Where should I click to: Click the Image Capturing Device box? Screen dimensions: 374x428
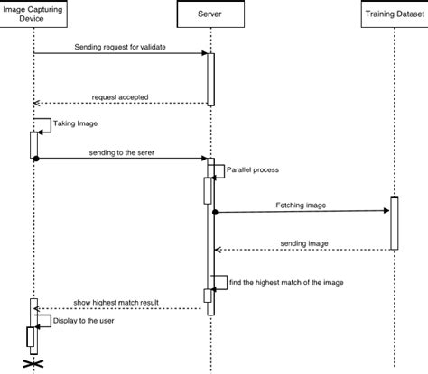pos(33,15)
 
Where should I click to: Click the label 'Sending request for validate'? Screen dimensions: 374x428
pos(120,45)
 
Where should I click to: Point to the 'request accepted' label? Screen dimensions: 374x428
pos(119,96)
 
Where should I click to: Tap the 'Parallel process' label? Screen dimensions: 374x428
pos(252,169)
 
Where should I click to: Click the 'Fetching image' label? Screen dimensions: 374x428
pos(302,205)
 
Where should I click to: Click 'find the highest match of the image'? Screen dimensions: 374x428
pos(285,282)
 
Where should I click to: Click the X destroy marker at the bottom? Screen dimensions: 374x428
pos(33,363)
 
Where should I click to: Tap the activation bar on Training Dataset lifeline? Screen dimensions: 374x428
pos(394,222)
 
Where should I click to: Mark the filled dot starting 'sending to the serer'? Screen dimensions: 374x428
pos(35,159)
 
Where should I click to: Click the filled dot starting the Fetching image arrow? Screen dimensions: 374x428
pos(215,213)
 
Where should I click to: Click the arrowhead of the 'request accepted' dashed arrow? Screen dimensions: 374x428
pos(38,103)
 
